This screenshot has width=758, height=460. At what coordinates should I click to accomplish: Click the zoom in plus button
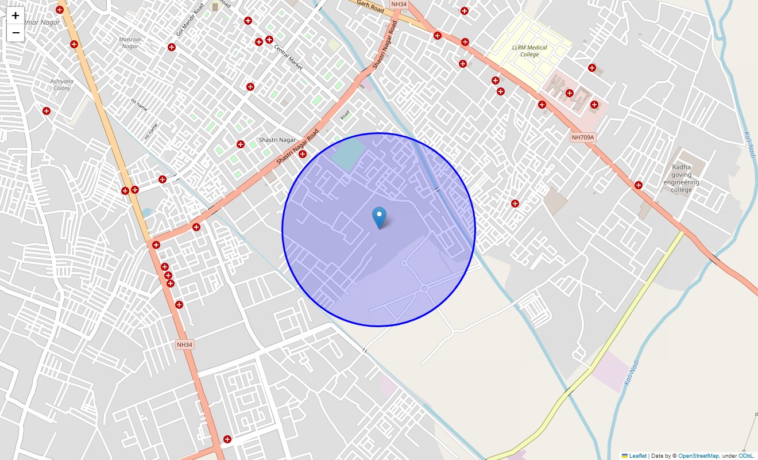click(16, 16)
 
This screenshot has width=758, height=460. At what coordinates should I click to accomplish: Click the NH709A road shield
click(583, 137)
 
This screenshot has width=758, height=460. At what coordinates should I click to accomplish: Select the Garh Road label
click(370, 7)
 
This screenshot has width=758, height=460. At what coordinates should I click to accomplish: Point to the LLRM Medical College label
click(529, 51)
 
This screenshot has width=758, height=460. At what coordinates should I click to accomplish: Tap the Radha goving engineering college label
click(681, 178)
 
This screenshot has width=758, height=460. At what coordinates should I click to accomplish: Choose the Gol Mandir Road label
click(190, 20)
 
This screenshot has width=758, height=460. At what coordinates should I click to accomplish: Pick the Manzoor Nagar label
click(130, 43)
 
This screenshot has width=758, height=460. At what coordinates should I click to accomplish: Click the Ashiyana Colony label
click(62, 85)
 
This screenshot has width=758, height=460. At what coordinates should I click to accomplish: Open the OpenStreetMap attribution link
click(698, 456)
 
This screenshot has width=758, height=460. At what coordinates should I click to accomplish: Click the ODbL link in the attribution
click(745, 456)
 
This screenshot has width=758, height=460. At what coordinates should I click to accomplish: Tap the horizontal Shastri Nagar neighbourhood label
click(277, 140)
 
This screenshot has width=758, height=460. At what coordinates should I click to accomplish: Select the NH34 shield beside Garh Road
click(399, 4)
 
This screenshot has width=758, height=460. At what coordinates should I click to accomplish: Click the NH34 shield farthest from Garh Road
click(184, 344)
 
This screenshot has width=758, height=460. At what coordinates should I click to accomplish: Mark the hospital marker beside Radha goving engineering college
click(638, 185)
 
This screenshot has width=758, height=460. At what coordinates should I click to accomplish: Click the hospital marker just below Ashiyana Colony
click(47, 111)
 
